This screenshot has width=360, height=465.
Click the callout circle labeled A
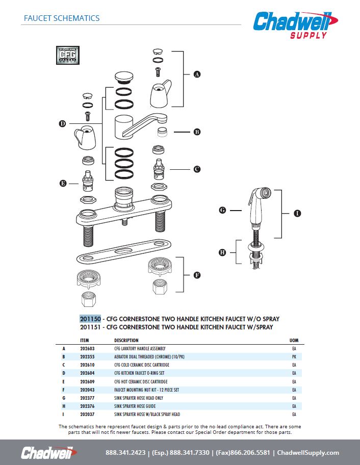(x=197, y=74)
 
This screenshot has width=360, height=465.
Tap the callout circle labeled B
(x=197, y=132)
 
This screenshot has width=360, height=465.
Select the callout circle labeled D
(x=62, y=124)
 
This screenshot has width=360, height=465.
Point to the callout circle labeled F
(x=197, y=275)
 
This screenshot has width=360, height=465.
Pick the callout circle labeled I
(x=297, y=214)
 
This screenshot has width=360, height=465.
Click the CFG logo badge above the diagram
(x=67, y=56)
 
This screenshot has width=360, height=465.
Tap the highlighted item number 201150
(x=90, y=319)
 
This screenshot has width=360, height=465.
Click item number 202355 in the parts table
(x=88, y=357)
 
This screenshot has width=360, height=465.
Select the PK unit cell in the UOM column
(x=294, y=357)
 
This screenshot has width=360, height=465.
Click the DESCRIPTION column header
(x=126, y=340)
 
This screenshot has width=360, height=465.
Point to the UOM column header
(x=294, y=340)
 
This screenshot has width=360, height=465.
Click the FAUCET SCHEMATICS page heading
(x=62, y=18)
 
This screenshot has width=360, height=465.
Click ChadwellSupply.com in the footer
(x=308, y=453)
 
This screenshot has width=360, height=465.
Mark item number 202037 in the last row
(x=88, y=415)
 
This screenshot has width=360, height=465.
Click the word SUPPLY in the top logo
(x=308, y=35)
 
